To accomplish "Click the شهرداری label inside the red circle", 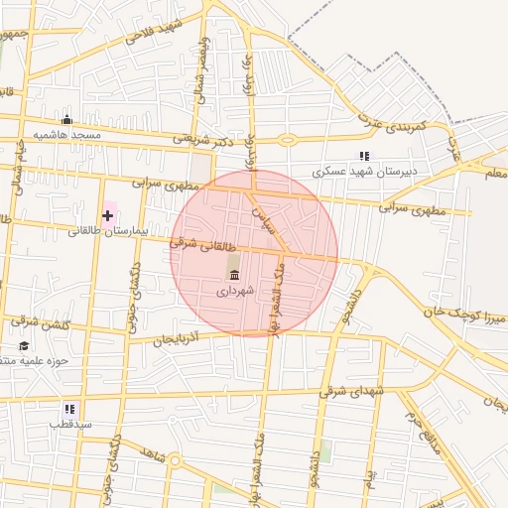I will [236, 290].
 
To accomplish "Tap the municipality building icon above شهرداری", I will [234, 273].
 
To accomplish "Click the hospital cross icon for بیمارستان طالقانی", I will [107, 214].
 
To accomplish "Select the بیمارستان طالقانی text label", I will [107, 231].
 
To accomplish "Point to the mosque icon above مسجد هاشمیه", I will [66, 119].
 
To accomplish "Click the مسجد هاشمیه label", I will [67, 134].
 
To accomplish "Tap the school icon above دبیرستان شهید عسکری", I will [364, 156].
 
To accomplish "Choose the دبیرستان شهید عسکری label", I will [364, 171].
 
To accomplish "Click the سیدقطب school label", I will [71, 424].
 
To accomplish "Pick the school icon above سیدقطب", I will [69, 408].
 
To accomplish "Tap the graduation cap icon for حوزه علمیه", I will [23, 345].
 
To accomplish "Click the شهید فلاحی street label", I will [154, 33].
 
